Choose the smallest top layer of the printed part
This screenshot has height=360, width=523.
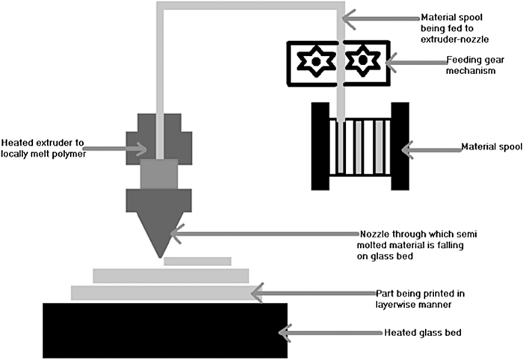[197, 261]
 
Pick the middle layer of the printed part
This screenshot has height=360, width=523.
[170, 276]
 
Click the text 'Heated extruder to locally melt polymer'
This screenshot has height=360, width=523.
[46, 148]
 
